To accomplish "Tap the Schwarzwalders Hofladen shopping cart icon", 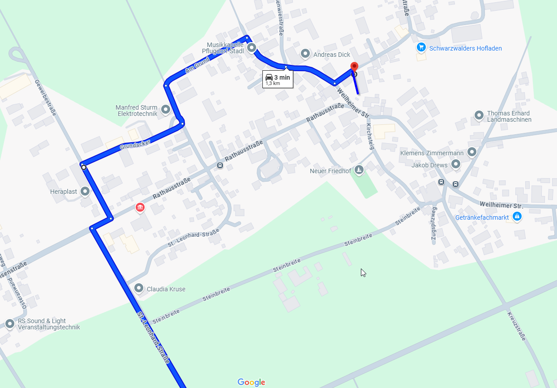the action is pyautogui.click(x=421, y=47).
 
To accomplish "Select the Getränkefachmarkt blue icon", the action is pyautogui.click(x=517, y=217).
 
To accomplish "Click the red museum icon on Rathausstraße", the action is pyautogui.click(x=140, y=207).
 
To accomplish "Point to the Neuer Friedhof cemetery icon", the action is pyautogui.click(x=359, y=170).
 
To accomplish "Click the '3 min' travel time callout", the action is pyautogui.click(x=278, y=79).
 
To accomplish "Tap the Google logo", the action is pyautogui.click(x=251, y=382).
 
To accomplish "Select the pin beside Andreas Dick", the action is pyautogui.click(x=305, y=54).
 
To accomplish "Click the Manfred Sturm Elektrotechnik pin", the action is pyautogui.click(x=166, y=109).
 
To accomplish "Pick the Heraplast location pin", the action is pyautogui.click(x=85, y=192).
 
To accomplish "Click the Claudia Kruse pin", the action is pyautogui.click(x=139, y=288).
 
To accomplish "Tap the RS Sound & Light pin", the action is pyautogui.click(x=10, y=324).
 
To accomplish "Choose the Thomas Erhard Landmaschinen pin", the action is pyautogui.click(x=479, y=116).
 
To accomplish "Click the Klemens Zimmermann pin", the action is pyautogui.click(x=471, y=152).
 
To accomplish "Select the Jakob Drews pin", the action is pyautogui.click(x=456, y=165).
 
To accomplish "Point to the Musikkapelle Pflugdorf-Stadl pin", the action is pyautogui.click(x=252, y=47).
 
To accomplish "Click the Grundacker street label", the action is pyautogui.click(x=135, y=145).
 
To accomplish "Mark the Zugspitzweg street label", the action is pyautogui.click(x=433, y=224).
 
